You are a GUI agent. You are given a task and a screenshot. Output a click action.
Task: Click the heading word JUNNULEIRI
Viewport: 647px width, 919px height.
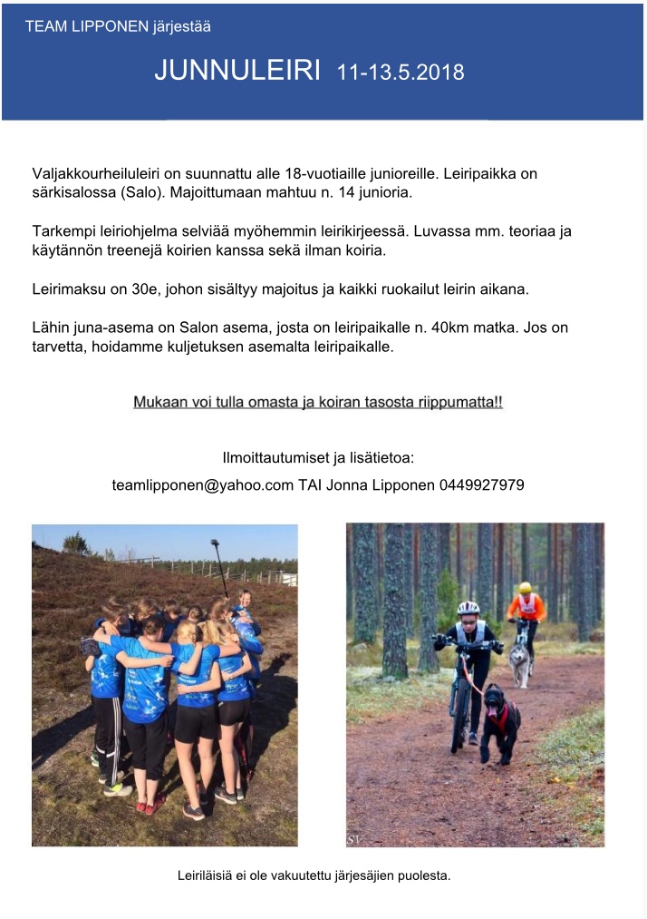237,70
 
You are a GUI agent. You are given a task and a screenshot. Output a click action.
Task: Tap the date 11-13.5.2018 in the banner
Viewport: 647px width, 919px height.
401,72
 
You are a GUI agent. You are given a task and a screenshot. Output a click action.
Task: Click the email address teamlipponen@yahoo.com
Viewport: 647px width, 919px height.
202,484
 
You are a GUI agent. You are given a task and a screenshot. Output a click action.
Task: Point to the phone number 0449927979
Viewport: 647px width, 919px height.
481,484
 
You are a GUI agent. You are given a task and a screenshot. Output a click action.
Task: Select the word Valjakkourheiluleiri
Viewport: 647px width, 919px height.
97,172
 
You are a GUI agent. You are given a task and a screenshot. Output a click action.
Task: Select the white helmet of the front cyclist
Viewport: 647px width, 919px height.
468,608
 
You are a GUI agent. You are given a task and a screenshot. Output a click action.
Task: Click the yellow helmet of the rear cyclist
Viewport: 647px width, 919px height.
525,588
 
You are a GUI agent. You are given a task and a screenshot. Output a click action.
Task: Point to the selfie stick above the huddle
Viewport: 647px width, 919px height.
219,566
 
